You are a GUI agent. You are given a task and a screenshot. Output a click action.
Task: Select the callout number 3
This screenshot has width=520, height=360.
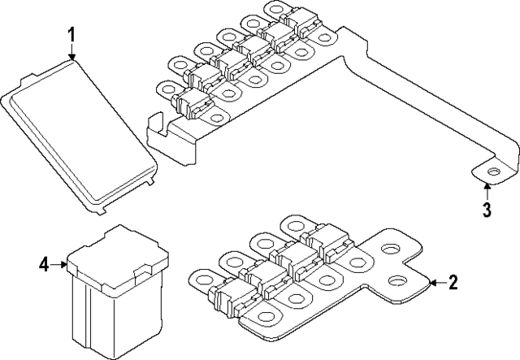(x=486, y=210)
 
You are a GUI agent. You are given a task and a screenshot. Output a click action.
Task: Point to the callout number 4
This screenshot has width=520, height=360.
(x=44, y=263)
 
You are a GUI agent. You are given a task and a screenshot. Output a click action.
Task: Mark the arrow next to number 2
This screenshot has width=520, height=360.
(x=434, y=283)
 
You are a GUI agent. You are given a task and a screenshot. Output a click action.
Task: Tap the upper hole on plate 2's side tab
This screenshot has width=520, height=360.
(x=388, y=253)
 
